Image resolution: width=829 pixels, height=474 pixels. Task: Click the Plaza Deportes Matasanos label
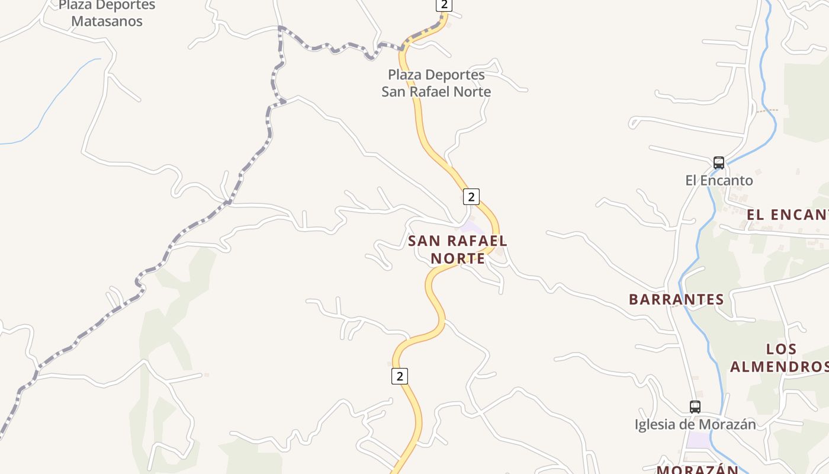pos(107,14)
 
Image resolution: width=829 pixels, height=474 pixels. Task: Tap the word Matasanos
pos(107,21)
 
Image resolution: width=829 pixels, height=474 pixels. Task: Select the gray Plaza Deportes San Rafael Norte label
pos(436,84)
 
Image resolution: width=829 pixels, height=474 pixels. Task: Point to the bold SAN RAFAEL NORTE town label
pos(458,249)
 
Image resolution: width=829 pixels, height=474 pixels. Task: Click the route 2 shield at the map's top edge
pos(444,5)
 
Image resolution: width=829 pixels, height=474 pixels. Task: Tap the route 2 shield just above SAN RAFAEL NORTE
pos(471,197)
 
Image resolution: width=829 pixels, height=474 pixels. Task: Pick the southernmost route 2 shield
pos(400,376)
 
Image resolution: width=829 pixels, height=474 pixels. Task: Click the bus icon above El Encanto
pos(718,162)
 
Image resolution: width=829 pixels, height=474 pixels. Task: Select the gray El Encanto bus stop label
pos(719,181)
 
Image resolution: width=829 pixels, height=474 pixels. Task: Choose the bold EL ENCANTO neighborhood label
pos(788,214)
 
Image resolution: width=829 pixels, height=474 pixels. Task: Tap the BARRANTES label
pos(676,299)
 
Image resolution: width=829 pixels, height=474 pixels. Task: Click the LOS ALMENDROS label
pos(779,358)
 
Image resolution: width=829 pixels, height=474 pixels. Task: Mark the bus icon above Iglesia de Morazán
pos(695,407)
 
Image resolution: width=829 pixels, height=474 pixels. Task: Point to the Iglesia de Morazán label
pos(695,425)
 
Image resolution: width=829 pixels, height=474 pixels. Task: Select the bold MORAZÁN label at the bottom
pos(698,470)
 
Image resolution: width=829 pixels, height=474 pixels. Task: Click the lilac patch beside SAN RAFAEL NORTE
pos(471,227)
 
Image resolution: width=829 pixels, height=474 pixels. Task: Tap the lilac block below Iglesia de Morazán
pos(699,440)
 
